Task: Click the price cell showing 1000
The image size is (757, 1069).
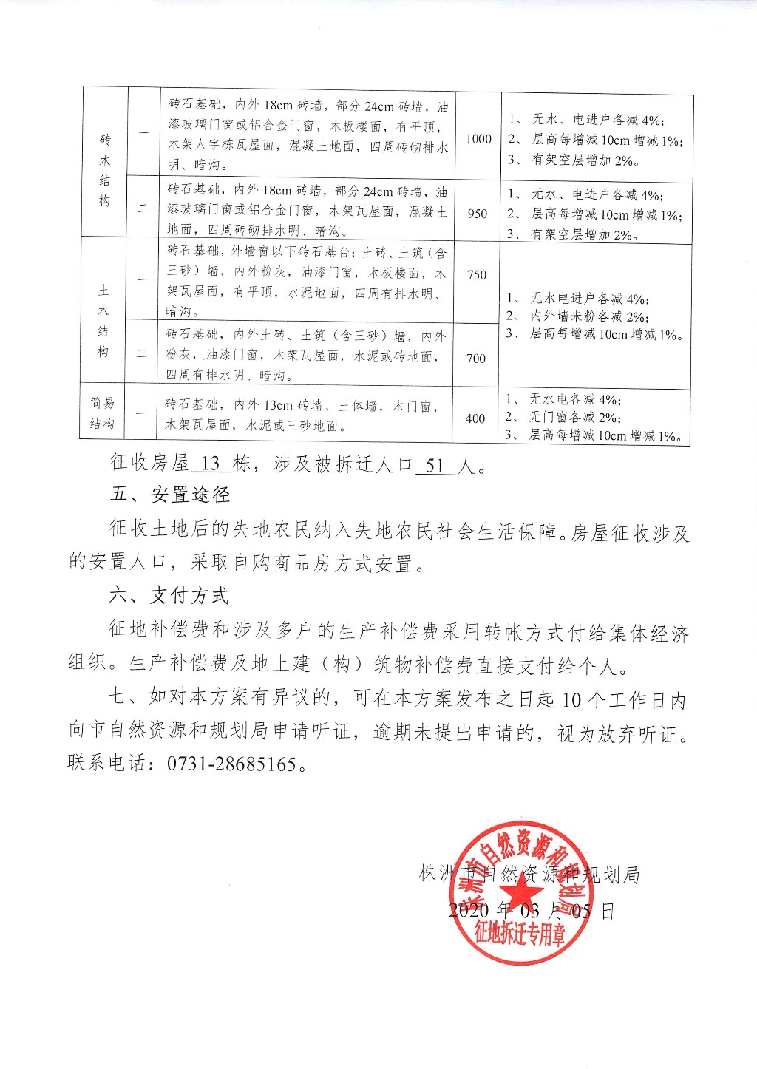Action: click(x=479, y=139)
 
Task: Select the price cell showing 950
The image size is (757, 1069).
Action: click(x=478, y=214)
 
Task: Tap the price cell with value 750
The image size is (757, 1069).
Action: click(x=477, y=275)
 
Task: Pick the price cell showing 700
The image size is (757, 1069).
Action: click(x=476, y=359)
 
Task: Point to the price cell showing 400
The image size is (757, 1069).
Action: click(x=475, y=418)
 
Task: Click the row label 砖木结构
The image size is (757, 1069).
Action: click(x=105, y=171)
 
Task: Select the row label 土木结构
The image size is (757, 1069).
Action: click(x=103, y=311)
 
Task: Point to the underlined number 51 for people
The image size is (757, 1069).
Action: click(x=435, y=465)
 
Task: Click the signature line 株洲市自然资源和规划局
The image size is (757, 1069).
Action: click(x=529, y=875)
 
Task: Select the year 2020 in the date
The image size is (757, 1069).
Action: click(x=470, y=910)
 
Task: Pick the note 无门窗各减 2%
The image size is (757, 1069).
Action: click(x=574, y=418)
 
